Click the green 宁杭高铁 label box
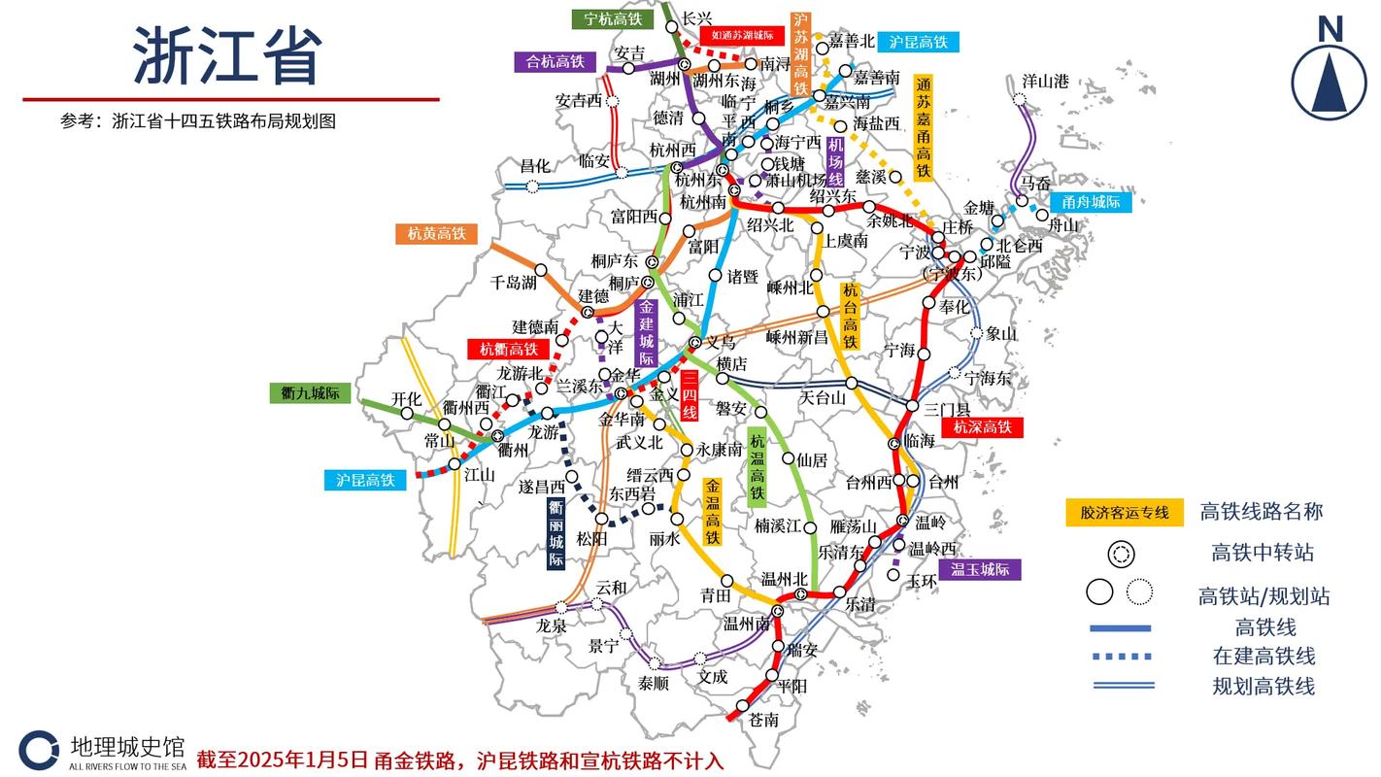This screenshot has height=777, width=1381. (612, 18)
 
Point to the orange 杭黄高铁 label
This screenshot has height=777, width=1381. (436, 233)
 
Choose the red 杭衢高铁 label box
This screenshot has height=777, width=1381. (508, 349)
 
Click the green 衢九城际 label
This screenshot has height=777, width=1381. (309, 393)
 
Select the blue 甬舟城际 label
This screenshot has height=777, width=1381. (1091, 202)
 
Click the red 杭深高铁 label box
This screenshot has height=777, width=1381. (982, 426)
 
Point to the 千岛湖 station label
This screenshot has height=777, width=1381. (513, 283)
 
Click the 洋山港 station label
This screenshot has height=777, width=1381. (1045, 81)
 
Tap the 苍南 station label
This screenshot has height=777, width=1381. (763, 720)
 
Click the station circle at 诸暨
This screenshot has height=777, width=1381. (716, 276)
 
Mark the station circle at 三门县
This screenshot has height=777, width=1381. (913, 406)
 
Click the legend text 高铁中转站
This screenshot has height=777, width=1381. (1262, 553)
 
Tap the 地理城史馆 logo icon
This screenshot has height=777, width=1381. (39, 750)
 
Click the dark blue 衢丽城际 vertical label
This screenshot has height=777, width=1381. (556, 534)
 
